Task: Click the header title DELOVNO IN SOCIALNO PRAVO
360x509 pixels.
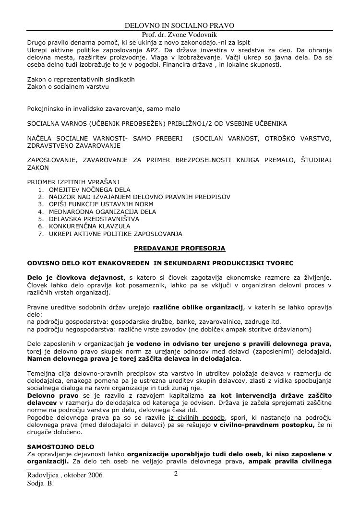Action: point(180,25)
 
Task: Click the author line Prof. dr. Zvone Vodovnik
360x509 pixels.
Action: point(180,35)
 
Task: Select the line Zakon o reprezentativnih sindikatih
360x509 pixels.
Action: point(81,79)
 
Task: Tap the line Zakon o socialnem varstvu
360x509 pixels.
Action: point(68,87)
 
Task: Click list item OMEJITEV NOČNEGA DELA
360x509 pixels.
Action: point(89,189)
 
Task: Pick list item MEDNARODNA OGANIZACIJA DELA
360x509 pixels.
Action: point(102,212)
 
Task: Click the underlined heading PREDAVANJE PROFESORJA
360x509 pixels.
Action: point(179,248)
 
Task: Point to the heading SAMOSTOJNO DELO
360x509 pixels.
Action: point(60,447)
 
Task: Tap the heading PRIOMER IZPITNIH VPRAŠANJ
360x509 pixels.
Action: point(73,182)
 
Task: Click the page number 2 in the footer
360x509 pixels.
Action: point(176,474)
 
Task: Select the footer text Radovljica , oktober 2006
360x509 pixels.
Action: point(65,475)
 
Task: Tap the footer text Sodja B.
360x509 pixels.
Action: point(40,484)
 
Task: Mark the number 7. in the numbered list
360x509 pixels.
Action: point(40,234)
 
